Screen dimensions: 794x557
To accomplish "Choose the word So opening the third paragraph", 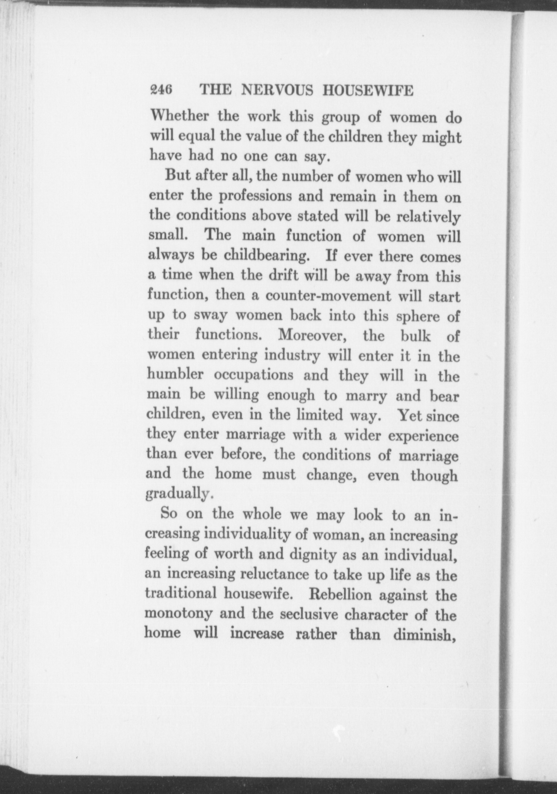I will (169, 514).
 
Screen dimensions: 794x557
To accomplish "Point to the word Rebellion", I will (340, 595).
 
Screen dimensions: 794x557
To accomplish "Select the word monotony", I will (178, 614).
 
